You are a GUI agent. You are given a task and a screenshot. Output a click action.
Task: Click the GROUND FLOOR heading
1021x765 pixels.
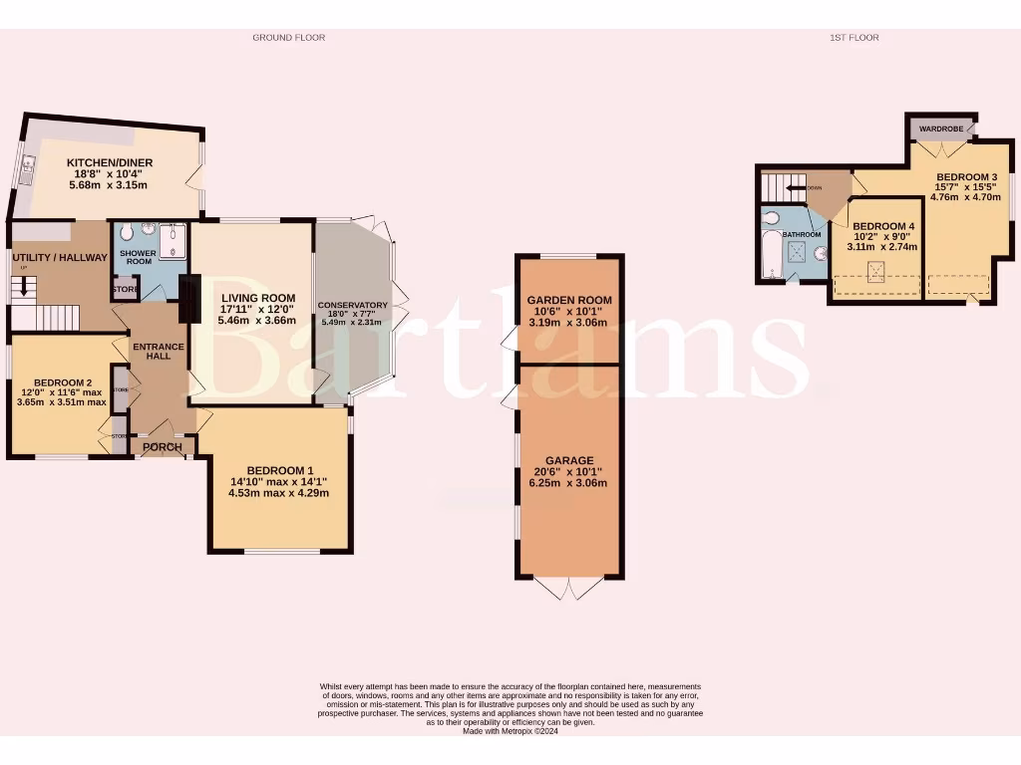pos(288,38)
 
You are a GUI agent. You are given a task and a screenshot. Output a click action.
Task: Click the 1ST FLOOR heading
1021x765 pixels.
pos(853,38)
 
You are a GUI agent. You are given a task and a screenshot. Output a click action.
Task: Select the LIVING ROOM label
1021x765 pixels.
pos(258,298)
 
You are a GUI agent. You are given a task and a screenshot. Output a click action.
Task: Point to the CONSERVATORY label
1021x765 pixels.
pos(352,305)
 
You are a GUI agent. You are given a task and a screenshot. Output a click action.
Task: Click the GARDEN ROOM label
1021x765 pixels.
pos(569,300)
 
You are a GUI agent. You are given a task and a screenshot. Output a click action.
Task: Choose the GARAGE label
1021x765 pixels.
pos(569,461)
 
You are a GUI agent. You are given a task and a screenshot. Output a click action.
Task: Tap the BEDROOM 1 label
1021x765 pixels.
pos(279,471)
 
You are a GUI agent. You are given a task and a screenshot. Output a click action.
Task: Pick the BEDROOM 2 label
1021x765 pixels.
pos(63,382)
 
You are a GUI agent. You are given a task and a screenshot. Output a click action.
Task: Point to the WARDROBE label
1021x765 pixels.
pos(939,129)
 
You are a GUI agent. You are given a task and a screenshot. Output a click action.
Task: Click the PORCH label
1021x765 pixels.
pos(163,447)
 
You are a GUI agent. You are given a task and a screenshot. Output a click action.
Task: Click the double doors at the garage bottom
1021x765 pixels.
pos(569,589)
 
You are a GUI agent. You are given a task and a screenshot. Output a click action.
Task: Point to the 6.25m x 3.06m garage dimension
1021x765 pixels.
pos(569,483)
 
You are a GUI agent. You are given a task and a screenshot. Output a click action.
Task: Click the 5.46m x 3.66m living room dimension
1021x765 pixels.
pos(258,321)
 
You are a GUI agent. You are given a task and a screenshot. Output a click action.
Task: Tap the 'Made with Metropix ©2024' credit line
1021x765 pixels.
pos(510,731)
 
